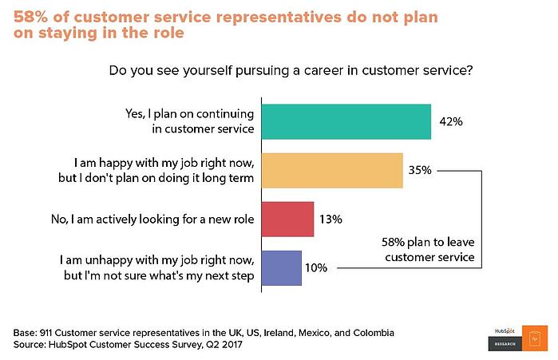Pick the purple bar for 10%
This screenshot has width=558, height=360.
click(282, 267)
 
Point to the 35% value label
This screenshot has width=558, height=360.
click(421, 169)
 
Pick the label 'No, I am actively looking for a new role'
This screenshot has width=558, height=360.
click(154, 218)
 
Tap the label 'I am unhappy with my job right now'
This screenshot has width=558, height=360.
click(157, 259)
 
